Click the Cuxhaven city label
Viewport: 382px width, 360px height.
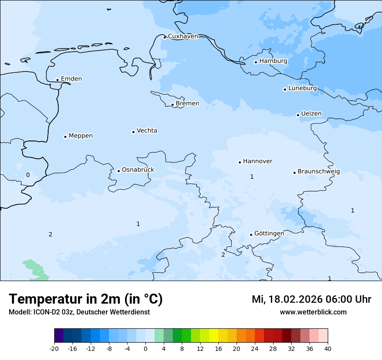click(183, 36)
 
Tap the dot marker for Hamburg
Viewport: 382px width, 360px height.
click(256, 62)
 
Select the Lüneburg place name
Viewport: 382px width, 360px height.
click(303, 88)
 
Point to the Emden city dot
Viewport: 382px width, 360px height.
click(57, 80)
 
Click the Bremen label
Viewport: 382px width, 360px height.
click(188, 104)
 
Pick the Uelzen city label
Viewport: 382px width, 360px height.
click(311, 114)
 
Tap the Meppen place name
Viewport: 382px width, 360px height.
click(81, 136)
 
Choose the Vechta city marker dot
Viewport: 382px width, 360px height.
click(133, 132)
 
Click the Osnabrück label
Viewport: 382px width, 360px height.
click(138, 170)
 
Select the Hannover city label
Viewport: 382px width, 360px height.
click(257, 161)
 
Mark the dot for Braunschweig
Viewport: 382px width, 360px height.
click(294, 173)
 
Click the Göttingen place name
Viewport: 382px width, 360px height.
click(269, 233)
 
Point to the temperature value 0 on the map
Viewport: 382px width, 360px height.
click(28, 175)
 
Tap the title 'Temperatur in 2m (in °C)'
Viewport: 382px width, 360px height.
click(86, 299)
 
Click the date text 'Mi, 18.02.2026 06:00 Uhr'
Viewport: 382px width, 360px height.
click(311, 299)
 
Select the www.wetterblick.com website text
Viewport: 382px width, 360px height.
click(313, 312)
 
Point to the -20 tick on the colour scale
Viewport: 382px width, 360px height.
click(54, 348)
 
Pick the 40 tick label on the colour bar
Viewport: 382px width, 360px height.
click(327, 348)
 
